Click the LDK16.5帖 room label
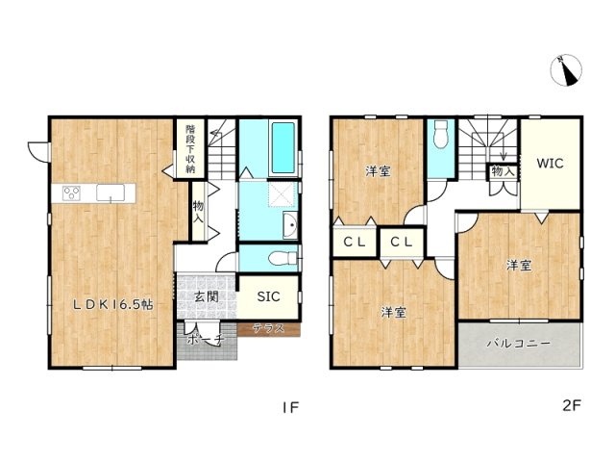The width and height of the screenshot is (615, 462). coord(113,304)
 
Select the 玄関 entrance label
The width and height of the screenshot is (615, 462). coord(204,296)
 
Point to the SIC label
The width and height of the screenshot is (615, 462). coord(268,296)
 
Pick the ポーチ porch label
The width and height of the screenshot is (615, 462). coord(205,340)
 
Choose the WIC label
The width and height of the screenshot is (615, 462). coord(551,163)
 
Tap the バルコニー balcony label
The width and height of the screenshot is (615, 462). coord(517,343)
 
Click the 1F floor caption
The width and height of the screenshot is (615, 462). coord(289,407)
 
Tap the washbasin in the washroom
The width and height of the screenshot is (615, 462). coord(291,226)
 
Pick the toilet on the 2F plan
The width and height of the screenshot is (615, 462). coord(440,137)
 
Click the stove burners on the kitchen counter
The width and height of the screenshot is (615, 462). coord(73,192)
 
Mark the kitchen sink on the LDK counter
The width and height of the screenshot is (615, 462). coord(111,192)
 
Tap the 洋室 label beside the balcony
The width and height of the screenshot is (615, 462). coord(519,266)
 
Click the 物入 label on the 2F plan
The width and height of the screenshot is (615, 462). coord(502,171)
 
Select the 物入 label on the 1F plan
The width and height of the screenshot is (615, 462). coord(198,212)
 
